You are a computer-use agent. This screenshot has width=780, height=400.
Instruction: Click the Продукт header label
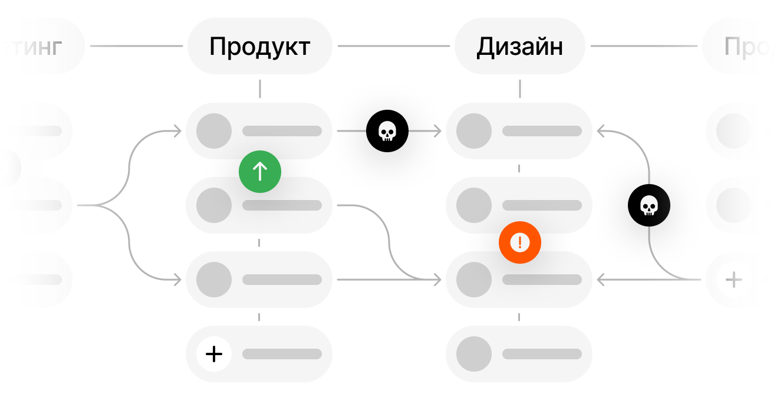point(259,47)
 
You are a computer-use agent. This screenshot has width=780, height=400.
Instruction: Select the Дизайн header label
point(519,47)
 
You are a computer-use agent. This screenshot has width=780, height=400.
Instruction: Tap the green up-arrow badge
point(260,172)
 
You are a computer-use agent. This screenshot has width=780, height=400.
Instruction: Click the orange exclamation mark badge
point(519,242)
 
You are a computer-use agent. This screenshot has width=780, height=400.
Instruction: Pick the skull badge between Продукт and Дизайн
point(387,131)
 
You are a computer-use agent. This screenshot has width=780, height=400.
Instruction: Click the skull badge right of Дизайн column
point(649,205)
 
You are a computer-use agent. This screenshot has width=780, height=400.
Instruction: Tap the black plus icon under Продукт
point(214,354)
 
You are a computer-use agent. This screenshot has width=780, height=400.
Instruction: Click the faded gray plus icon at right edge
point(733,280)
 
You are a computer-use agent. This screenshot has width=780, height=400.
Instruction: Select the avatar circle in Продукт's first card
point(214,131)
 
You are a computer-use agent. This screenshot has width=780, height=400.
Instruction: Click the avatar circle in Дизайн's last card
point(474,354)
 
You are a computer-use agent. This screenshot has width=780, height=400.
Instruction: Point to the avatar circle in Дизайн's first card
point(474,131)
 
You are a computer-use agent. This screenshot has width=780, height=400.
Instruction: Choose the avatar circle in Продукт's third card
point(214,280)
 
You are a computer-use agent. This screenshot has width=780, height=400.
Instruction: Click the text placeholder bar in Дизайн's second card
point(542,205)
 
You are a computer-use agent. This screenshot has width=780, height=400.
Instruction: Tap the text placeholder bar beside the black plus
point(282,354)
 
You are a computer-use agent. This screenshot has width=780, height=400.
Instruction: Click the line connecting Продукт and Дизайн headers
point(393,46)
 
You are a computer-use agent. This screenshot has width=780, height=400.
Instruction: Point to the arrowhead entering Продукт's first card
point(177,131)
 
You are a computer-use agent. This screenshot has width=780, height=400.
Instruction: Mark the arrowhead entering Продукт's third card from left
point(177,280)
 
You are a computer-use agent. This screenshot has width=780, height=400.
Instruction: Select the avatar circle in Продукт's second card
point(214,205)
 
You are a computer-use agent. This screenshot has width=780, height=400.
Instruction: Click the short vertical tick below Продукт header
point(259,89)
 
